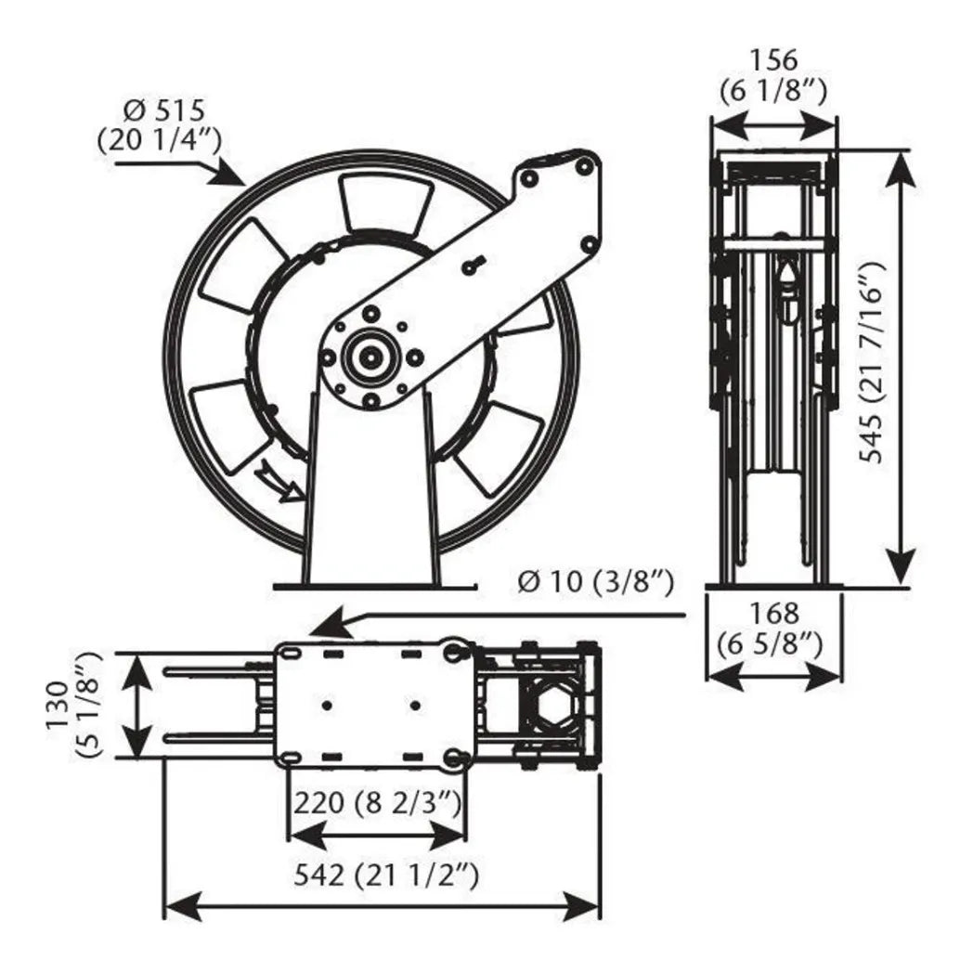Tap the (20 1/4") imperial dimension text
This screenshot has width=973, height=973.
[x=158, y=140]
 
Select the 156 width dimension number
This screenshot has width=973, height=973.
[x=772, y=60]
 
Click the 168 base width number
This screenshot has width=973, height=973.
[x=773, y=613]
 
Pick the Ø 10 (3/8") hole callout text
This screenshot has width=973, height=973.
[x=595, y=582]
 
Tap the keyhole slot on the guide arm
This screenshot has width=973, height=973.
[x=473, y=265]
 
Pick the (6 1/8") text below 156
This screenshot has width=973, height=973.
[x=772, y=90]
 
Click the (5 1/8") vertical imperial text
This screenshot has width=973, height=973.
[x=90, y=706]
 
